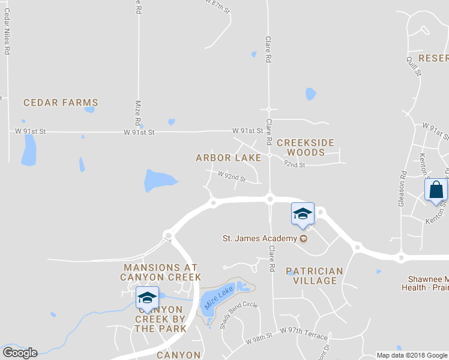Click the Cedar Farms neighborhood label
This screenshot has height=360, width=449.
tap(61, 103)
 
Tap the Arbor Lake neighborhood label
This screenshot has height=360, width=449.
tap(229, 158)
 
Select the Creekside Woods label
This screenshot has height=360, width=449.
tap(305, 147)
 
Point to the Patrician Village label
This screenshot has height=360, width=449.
tap(315, 276)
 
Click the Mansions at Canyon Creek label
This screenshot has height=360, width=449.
tap(152, 272)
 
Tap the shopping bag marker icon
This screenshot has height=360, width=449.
tap(436, 191)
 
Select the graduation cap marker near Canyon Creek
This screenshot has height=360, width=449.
tap(146, 298)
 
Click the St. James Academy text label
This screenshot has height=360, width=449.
tap(260, 238)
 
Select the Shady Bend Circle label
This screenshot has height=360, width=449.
tap(238, 315)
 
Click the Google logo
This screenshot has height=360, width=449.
tap(20, 353)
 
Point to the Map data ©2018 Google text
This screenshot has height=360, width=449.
tap(412, 355)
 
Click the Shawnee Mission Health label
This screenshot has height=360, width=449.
tap(425, 283)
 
